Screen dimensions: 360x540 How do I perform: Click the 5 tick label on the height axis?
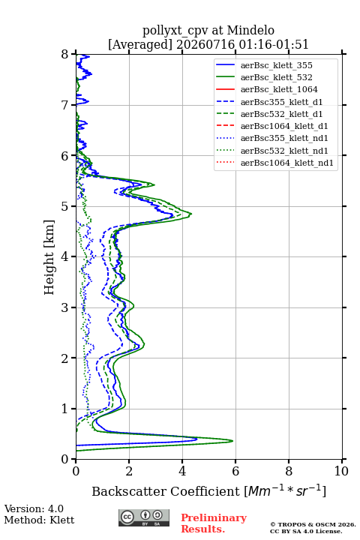64,206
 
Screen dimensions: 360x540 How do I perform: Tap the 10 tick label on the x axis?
341,471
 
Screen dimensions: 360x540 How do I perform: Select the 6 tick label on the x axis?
235,471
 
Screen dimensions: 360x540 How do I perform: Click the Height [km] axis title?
49,257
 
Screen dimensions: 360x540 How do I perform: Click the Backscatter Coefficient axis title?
208,490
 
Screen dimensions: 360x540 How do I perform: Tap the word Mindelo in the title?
250,30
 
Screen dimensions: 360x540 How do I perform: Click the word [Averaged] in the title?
140,44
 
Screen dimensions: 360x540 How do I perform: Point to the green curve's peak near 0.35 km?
233,440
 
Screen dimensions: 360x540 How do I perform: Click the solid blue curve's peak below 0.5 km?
197,439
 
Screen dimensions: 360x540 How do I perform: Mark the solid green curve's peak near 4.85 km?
191,214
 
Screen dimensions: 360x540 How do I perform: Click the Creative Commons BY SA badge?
144,517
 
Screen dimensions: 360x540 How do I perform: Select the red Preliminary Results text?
214,523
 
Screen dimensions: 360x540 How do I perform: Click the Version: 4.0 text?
34,508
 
